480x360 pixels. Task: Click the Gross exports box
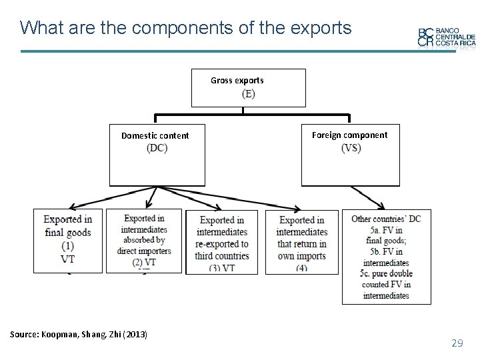pos(248,87)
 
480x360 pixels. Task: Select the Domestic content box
pos(157,155)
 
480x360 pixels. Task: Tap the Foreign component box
pos(350,155)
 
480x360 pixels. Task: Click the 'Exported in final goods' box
pos(68,240)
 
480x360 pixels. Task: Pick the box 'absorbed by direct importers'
pos(143,240)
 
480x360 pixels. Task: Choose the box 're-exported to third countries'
pos(222,242)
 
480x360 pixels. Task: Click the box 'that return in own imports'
pos(302,242)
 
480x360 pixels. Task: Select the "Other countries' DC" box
pos(386,257)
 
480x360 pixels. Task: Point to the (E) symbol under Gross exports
pos(248,94)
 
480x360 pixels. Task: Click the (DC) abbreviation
pos(157,148)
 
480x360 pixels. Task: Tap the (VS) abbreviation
pos(351,148)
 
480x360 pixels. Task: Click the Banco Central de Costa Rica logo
pos(447,37)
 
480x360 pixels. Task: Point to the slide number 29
pos(457,343)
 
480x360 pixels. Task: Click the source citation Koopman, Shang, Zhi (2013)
pos(79,333)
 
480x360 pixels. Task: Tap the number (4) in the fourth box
pos(302,268)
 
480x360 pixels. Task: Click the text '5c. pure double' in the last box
pos(386,274)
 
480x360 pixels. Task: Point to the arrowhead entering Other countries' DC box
pos(382,206)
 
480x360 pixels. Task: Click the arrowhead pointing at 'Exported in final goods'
pos(71,207)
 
